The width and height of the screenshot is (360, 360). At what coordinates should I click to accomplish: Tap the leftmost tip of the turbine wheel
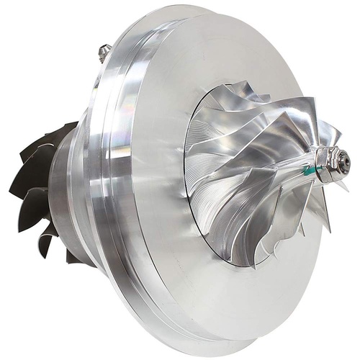pos(11,192)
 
